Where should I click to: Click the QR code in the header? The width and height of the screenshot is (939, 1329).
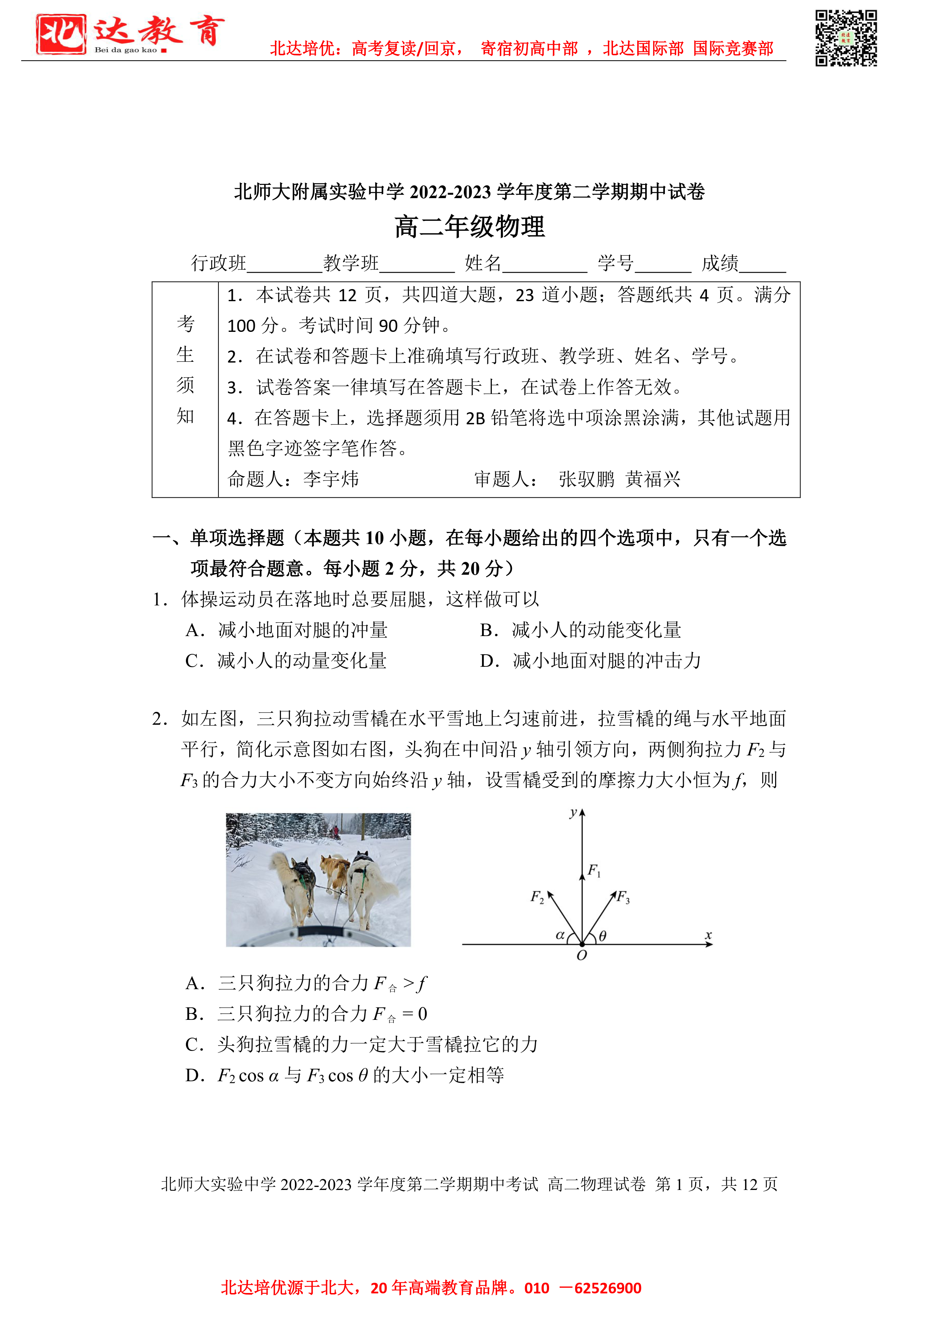(x=846, y=38)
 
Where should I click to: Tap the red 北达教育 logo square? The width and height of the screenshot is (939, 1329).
(x=61, y=34)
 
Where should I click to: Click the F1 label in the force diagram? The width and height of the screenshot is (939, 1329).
(x=594, y=871)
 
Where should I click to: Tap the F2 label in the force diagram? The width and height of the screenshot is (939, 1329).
(x=537, y=897)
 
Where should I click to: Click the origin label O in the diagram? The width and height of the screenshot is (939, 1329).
(x=582, y=956)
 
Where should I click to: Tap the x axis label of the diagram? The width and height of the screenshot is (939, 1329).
(x=708, y=935)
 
